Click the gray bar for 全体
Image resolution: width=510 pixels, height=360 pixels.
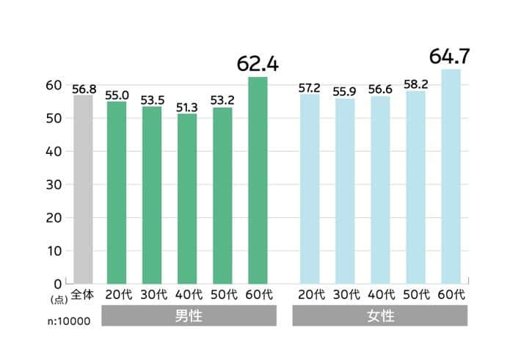pyautogui.click(x=83, y=189)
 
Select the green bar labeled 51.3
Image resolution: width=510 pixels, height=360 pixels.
pyautogui.click(x=187, y=198)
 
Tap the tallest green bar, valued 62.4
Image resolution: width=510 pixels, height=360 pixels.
pyautogui.click(x=258, y=180)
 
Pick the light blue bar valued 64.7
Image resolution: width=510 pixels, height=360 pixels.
pyautogui.click(x=450, y=176)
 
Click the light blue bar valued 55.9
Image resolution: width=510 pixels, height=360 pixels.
pyautogui.click(x=345, y=191)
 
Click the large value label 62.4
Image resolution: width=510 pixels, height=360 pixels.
pyautogui.click(x=258, y=64)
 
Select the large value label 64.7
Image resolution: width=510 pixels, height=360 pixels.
pyautogui.click(x=450, y=56)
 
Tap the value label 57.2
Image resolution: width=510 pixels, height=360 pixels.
pyautogui.click(x=310, y=88)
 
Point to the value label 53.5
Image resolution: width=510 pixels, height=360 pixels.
pyautogui.click(x=152, y=100)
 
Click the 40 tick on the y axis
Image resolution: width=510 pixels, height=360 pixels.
pyautogui.click(x=54, y=152)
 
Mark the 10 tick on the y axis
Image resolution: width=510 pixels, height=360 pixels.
pyautogui.click(x=54, y=251)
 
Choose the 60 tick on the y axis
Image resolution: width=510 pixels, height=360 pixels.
pyautogui.click(x=54, y=86)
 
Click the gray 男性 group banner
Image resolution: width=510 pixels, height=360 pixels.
pyautogui.click(x=189, y=317)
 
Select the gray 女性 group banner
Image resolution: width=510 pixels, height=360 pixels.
pyautogui.click(x=379, y=317)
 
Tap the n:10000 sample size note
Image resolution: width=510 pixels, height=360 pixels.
pyautogui.click(x=71, y=320)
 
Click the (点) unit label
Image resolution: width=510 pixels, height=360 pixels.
pyautogui.click(x=58, y=299)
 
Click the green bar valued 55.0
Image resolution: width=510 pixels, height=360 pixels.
pyautogui.click(x=117, y=192)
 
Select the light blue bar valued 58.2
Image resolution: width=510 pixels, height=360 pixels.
pyautogui.click(x=415, y=187)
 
